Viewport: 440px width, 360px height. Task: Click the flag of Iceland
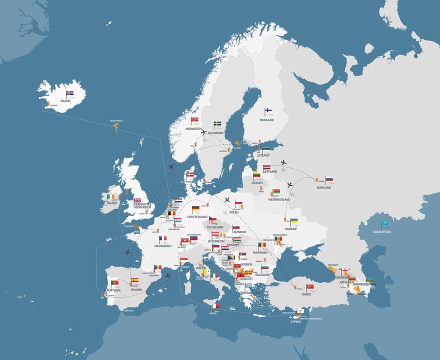(70, 93)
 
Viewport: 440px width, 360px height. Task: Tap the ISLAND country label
(65, 101)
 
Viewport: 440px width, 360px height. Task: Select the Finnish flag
(268, 111)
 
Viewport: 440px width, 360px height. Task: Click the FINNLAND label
(266, 120)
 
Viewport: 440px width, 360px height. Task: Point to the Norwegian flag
(195, 120)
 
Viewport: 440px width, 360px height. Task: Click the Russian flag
(329, 179)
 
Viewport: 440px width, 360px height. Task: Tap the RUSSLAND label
(323, 187)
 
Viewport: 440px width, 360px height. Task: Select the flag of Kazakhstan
(385, 223)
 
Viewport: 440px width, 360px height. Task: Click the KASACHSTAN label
(382, 231)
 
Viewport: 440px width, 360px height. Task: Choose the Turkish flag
(310, 287)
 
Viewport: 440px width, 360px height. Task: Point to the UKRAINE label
(291, 229)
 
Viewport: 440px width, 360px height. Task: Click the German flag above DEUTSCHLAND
(196, 209)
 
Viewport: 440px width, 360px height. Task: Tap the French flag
(163, 239)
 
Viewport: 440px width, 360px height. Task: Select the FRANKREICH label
(163, 246)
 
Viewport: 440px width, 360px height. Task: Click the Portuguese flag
(115, 283)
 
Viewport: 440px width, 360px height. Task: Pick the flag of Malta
(216, 306)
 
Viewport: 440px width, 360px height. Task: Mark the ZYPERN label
(296, 321)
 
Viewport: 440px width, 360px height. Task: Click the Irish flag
(110, 197)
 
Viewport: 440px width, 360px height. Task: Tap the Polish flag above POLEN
(239, 203)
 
